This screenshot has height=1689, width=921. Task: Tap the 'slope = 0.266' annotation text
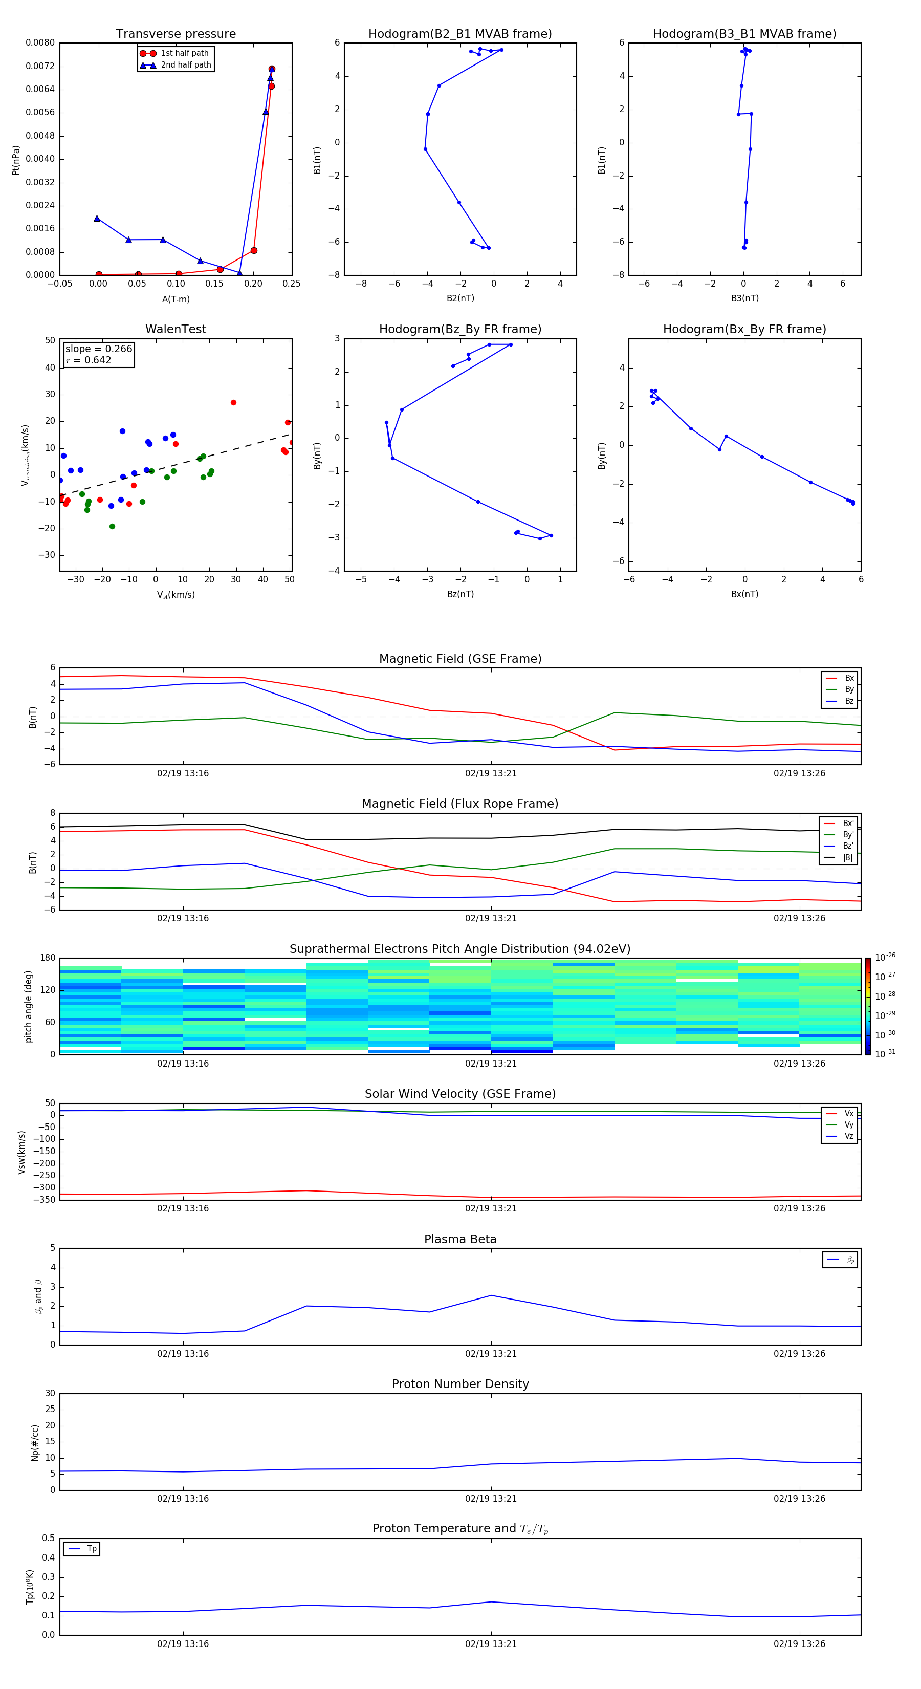coord(98,349)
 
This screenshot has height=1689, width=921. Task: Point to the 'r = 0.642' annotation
coord(89,360)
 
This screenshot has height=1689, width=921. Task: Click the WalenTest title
coord(176,329)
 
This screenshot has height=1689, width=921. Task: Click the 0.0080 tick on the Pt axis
coord(40,42)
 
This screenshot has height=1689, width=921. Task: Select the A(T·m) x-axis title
coord(176,299)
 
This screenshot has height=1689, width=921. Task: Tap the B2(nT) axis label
coord(460,298)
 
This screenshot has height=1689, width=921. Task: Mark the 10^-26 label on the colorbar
coord(885,957)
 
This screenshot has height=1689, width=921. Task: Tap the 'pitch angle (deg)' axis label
coord(28,1006)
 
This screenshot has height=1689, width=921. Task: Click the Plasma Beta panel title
coord(460,1239)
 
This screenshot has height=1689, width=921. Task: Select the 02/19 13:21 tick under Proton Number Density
coord(491,1499)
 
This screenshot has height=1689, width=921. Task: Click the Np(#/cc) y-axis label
coord(35,1442)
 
